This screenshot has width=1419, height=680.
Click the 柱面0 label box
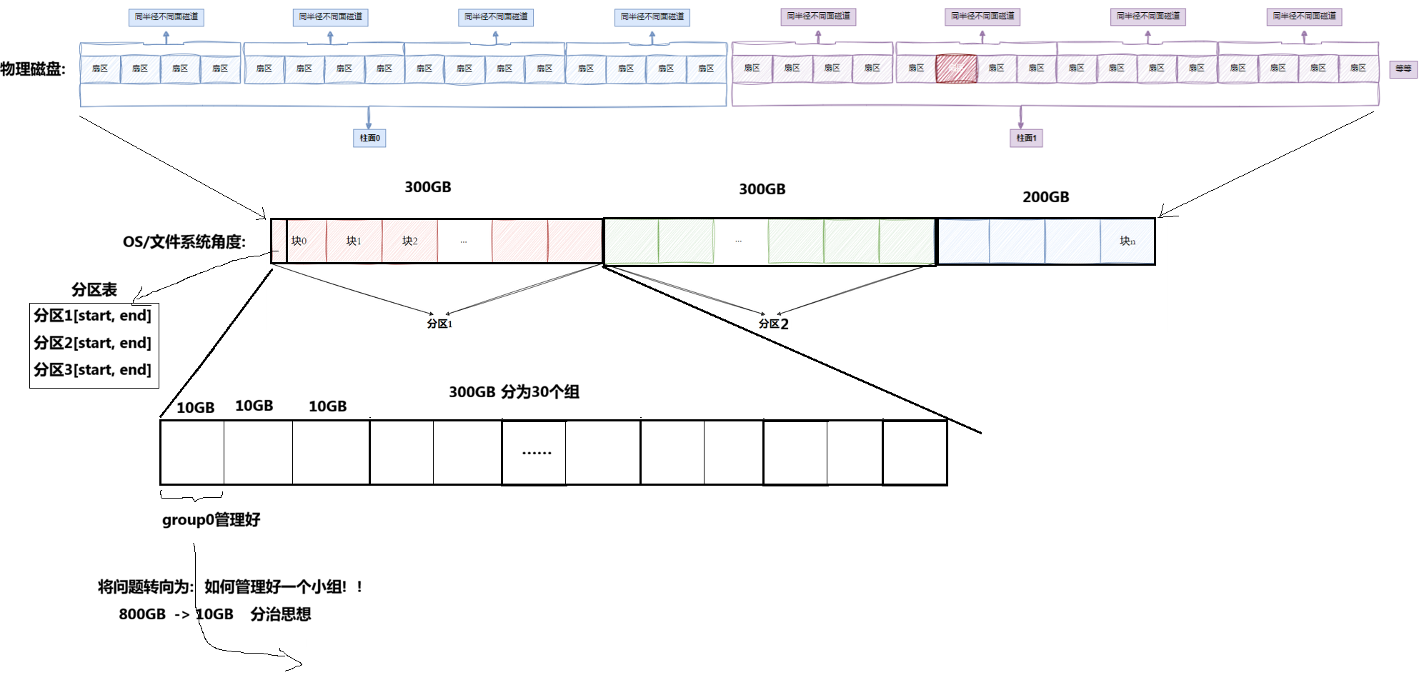tap(369, 138)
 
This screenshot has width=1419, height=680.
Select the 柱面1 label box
tap(1026, 138)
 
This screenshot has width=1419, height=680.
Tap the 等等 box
tap(1403, 69)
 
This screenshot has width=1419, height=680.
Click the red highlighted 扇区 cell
tap(956, 69)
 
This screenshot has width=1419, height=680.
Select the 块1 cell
tap(354, 241)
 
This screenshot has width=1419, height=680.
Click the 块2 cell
tap(409, 241)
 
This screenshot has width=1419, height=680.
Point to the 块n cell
tap(1127, 241)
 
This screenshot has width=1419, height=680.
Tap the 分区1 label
tap(439, 324)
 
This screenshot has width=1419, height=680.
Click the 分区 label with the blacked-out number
tap(775, 324)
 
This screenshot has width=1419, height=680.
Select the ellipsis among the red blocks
tap(464, 241)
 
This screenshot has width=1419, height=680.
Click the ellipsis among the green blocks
tap(739, 241)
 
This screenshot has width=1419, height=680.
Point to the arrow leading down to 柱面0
tap(369, 118)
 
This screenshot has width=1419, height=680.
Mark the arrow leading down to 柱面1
tap(1021, 118)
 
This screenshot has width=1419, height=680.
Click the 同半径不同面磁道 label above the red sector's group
tap(982, 16)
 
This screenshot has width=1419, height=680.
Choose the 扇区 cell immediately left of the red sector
tap(916, 69)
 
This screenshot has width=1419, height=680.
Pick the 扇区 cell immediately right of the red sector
tap(996, 69)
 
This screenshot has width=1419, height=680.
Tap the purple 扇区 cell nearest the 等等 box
tap(1358, 69)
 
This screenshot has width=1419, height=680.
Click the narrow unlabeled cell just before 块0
tap(279, 241)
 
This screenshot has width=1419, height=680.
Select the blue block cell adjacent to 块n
tap(1072, 241)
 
